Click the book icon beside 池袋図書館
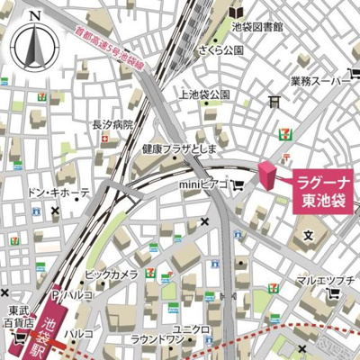[x=237, y=13]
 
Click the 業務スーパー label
[x=319, y=82]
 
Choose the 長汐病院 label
[x=112, y=125]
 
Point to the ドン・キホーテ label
[x=59, y=193]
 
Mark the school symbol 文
[x=308, y=236]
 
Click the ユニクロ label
[x=191, y=328]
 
